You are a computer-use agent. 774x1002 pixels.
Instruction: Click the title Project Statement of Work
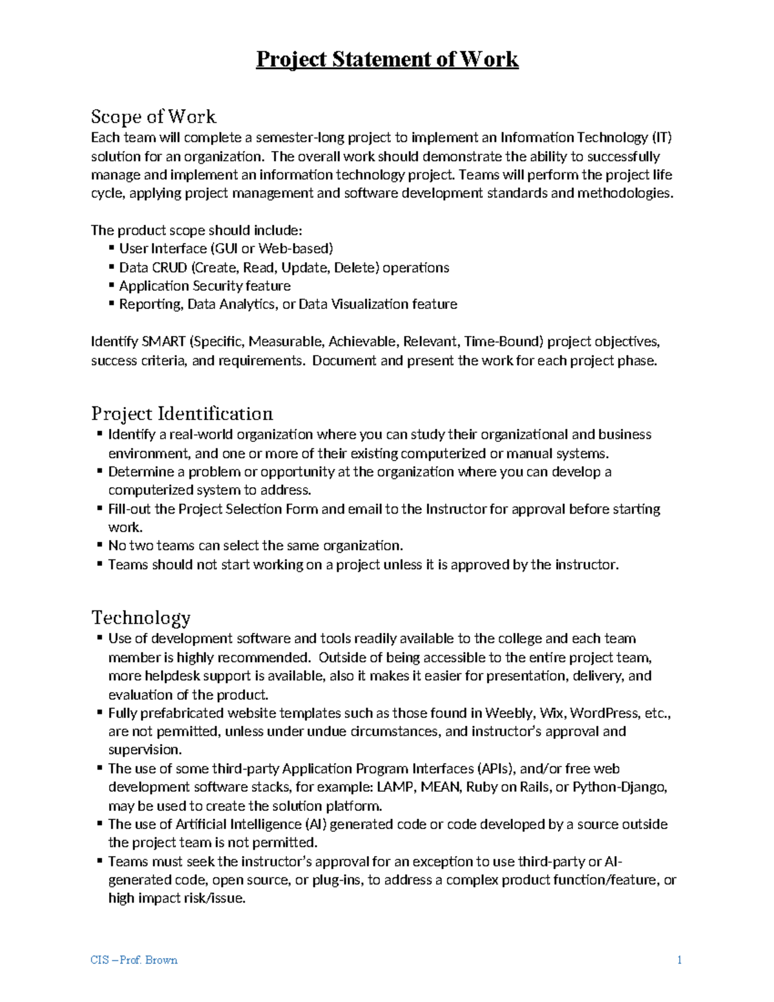[387, 59]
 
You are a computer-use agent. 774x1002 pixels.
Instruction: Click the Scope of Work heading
[153, 117]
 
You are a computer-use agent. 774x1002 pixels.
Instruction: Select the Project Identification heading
[182, 414]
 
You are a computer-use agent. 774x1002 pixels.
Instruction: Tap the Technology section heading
[141, 617]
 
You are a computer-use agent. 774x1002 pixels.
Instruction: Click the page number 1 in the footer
[679, 960]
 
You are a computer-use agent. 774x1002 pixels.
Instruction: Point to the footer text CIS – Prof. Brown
[134, 960]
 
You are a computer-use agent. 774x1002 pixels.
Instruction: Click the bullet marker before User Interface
[112, 248]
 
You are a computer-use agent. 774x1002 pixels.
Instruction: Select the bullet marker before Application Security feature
[112, 285]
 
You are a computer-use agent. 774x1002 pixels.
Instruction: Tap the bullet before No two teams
[100, 545]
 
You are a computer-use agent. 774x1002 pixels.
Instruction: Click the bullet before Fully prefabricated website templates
[100, 713]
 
